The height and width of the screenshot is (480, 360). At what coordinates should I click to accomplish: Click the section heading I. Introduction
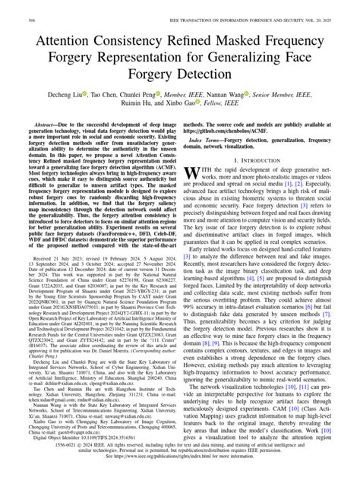click(263, 161)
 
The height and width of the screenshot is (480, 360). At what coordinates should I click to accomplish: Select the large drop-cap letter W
click(194, 176)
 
